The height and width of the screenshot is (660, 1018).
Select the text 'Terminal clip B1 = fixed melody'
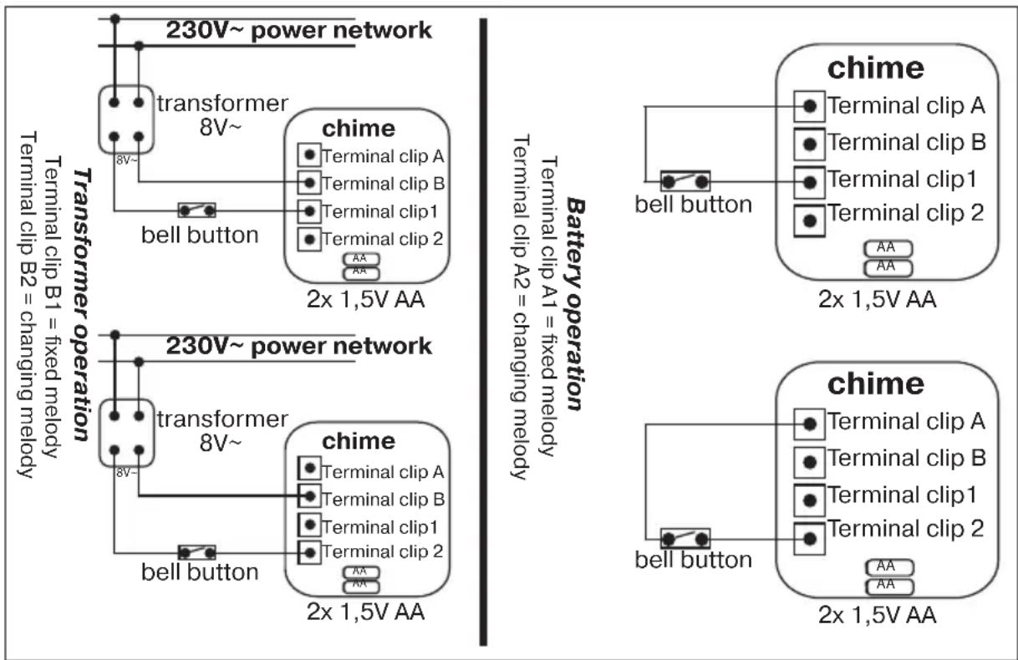click(x=53, y=307)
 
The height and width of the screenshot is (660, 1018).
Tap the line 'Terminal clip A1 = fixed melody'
click(x=548, y=306)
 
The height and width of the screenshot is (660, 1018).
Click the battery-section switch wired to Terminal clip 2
click(x=685, y=540)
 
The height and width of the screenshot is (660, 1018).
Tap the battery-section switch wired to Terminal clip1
click(x=685, y=180)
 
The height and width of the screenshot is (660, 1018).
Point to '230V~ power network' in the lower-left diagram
click(x=298, y=346)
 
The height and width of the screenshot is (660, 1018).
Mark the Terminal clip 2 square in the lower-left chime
click(x=310, y=551)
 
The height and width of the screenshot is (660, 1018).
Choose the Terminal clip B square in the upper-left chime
click(x=310, y=182)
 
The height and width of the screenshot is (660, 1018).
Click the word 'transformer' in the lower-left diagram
click(x=221, y=419)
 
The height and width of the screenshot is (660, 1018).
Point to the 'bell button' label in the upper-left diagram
click(x=199, y=235)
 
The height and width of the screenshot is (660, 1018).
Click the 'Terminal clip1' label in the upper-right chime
click(x=901, y=179)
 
